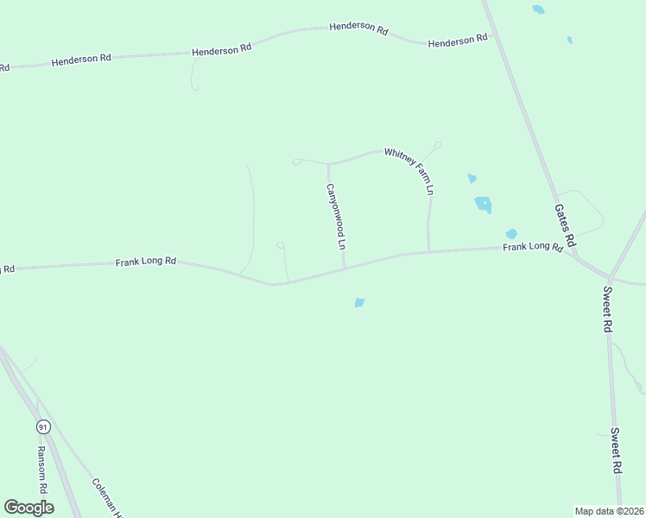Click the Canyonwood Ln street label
tap(336, 216)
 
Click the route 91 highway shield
tap(42, 426)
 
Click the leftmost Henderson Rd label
tap(81, 60)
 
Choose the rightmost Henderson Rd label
tap(458, 40)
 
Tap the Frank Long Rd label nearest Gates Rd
tap(534, 247)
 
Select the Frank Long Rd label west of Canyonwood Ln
tap(146, 261)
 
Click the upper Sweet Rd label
tap(608, 310)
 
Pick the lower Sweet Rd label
tap(616, 451)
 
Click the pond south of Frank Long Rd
tap(359, 302)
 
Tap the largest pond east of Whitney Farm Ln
tap(483, 205)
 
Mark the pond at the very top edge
tap(539, 9)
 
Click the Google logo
tap(28, 508)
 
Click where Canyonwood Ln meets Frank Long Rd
tap(345, 268)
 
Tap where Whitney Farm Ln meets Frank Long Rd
tap(428, 252)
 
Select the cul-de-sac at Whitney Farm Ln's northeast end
tap(438, 144)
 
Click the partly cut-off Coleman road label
tap(110, 499)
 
